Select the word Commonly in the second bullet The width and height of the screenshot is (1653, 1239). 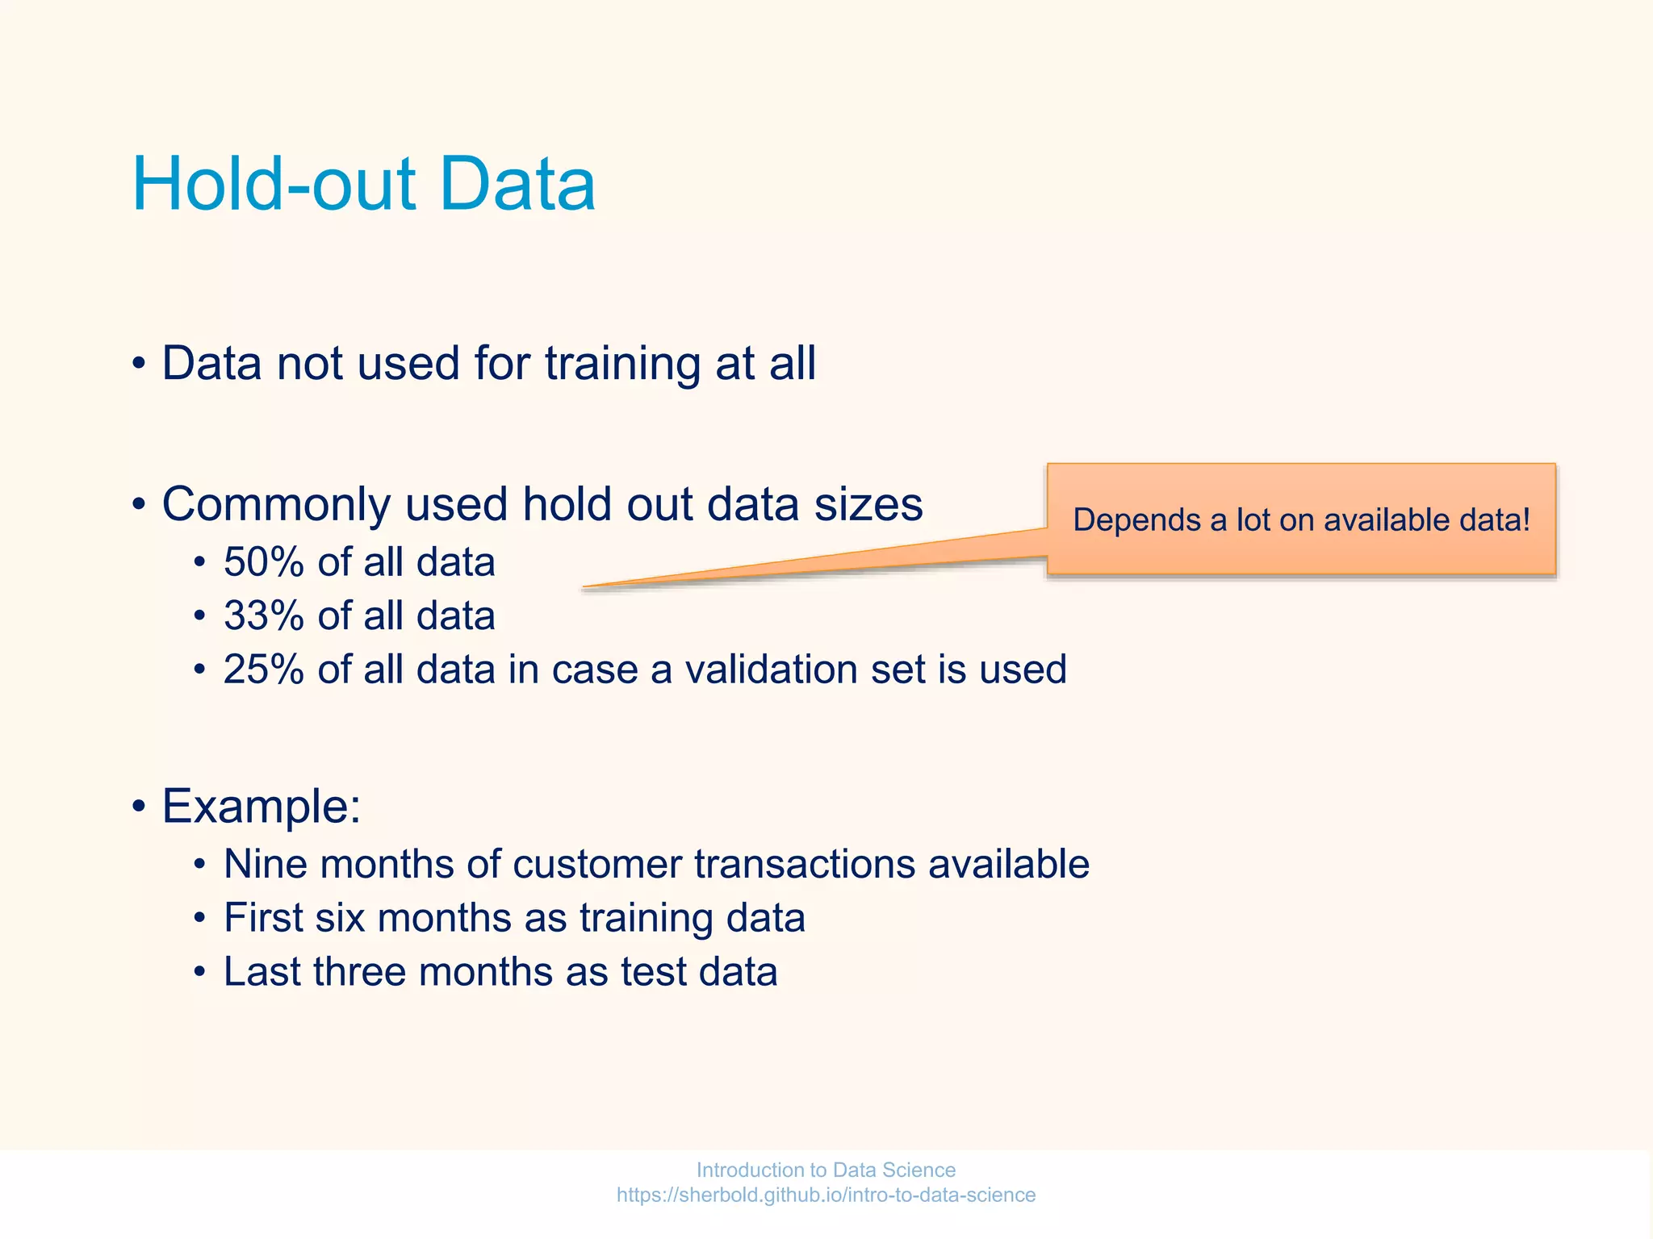pyautogui.click(x=275, y=505)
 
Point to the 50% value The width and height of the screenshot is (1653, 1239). pyautogui.click(x=264, y=562)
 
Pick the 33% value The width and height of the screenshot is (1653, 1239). pyautogui.click(x=264, y=616)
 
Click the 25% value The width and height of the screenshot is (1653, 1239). pyautogui.click(x=264, y=670)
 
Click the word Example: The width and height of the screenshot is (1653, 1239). pyautogui.click(x=261, y=806)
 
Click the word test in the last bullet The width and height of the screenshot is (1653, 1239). pyautogui.click(x=653, y=972)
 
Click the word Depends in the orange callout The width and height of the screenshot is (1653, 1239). pyautogui.click(x=1136, y=520)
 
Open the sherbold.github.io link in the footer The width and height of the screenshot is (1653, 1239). pyautogui.click(x=826, y=1195)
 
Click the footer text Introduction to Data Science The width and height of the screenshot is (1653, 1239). pyautogui.click(x=826, y=1170)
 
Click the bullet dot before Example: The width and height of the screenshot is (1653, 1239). pyautogui.click(x=139, y=806)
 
